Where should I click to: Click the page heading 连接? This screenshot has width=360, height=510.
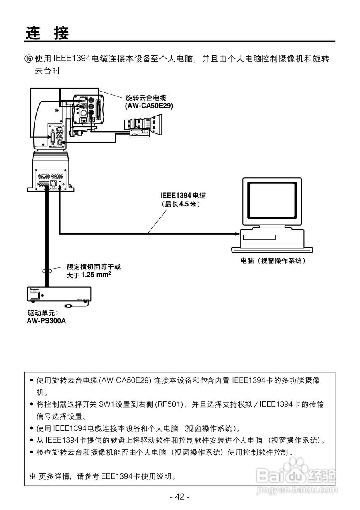tap(47, 33)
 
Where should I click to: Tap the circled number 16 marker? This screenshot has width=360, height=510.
tap(28, 59)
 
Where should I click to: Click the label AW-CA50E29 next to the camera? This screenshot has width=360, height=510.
tap(149, 106)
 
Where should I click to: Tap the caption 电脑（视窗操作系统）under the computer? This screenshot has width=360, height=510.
tap(273, 261)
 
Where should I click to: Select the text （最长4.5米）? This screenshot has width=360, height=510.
tap(180, 204)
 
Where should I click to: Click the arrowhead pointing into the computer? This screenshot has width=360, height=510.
tap(238, 233)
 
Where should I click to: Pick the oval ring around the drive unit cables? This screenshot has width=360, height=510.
tap(47, 271)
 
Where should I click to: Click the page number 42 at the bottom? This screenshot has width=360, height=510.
tap(180, 496)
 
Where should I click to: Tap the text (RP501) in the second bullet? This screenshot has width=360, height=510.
tap(169, 405)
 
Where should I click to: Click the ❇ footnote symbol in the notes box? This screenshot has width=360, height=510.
tap(33, 476)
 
